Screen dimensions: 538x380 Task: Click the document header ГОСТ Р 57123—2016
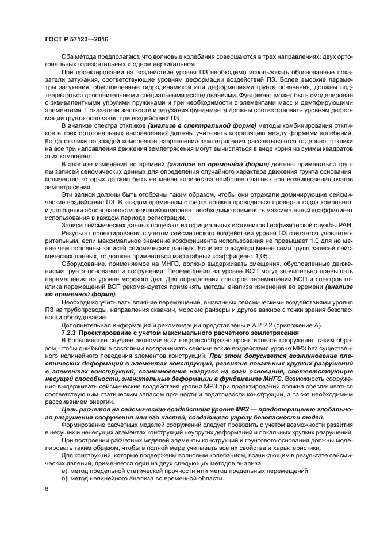pyautogui.click(x=76, y=39)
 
